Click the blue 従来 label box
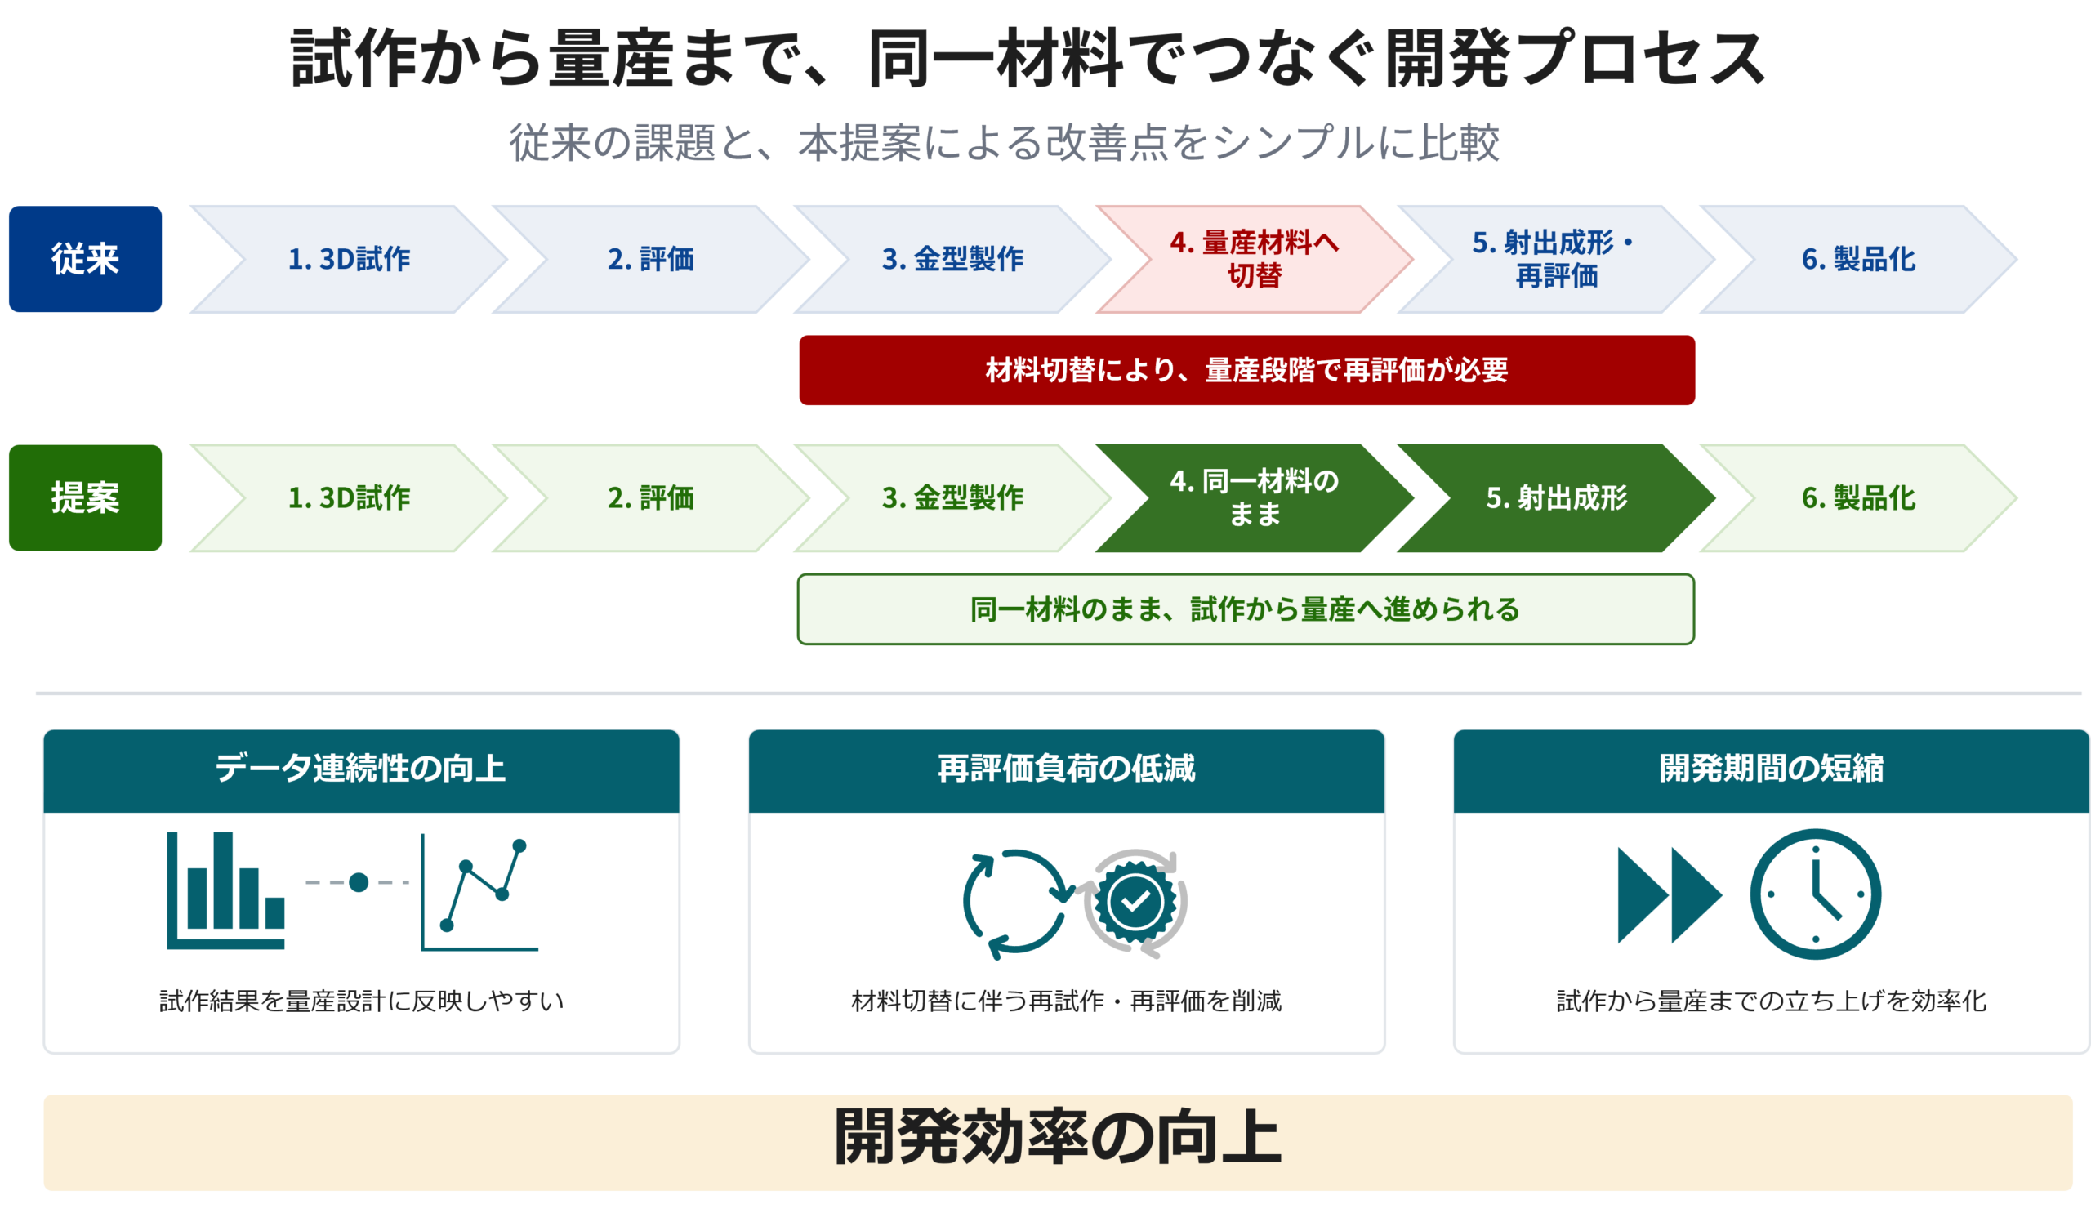(86, 259)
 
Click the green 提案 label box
(86, 497)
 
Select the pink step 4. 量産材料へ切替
(1255, 259)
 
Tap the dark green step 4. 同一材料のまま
(1255, 497)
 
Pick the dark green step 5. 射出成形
(1557, 497)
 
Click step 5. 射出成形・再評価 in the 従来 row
(1557, 259)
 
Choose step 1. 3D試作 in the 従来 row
(349, 259)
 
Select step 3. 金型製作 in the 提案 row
(952, 497)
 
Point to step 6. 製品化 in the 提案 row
(1859, 497)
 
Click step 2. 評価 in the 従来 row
(650, 259)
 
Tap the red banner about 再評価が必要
(1246, 370)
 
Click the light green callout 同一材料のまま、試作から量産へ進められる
(1246, 609)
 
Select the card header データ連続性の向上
(361, 769)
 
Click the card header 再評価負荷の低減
(1066, 769)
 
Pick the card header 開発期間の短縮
(1772, 769)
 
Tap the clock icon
(1816, 894)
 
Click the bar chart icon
(225, 890)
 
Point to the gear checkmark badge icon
(1135, 902)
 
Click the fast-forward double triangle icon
(1670, 895)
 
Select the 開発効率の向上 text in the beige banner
(1058, 1137)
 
